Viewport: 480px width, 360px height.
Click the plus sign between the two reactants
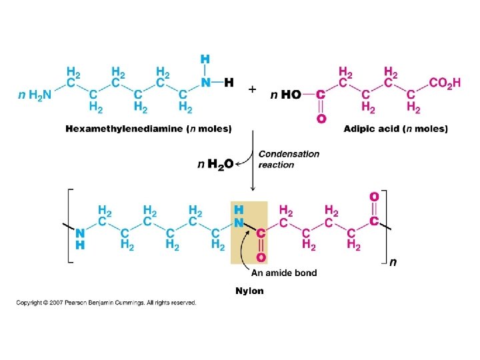[x=251, y=89]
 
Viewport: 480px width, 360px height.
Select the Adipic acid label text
[x=370, y=129]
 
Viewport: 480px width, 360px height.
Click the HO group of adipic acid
[x=291, y=95]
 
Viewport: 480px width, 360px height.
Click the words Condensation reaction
[x=288, y=159]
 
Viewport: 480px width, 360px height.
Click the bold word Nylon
[x=249, y=291]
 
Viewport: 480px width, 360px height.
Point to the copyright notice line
[x=107, y=303]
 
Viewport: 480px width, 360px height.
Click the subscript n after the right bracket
[x=393, y=262]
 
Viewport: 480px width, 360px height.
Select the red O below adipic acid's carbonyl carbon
[x=321, y=119]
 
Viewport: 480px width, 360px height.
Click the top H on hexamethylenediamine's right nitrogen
[x=205, y=59]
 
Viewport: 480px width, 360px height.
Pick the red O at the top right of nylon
[x=374, y=197]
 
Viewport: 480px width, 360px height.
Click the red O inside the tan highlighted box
[x=261, y=257]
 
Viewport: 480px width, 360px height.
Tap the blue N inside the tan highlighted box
[x=238, y=222]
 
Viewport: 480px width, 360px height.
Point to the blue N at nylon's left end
[x=80, y=233]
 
